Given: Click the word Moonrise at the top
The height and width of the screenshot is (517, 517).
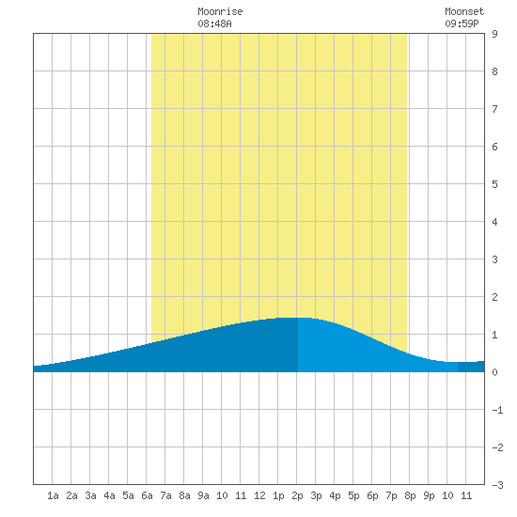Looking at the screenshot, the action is (220, 11).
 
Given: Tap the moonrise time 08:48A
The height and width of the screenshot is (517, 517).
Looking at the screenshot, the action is (214, 23).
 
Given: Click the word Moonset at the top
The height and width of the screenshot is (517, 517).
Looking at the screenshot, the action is (464, 11).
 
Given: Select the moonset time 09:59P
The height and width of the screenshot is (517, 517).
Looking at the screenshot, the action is (462, 23).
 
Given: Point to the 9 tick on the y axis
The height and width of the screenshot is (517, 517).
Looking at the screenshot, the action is (494, 34).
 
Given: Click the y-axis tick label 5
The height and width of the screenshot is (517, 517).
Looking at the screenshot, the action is (494, 184).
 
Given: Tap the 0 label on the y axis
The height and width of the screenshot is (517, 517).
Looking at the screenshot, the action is (494, 372).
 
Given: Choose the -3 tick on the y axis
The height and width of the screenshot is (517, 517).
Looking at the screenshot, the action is (497, 485).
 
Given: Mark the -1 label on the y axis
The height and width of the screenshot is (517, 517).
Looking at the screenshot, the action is (497, 410).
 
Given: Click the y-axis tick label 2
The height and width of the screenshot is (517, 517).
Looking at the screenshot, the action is (494, 297).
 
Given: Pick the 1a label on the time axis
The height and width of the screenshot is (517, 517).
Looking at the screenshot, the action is (53, 495).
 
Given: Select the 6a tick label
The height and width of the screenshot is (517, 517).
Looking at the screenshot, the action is (147, 495).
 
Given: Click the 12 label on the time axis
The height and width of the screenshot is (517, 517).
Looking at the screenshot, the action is (259, 495).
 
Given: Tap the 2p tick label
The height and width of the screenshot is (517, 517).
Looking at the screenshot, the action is (297, 495).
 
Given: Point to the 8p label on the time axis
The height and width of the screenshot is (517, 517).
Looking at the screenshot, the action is (410, 495).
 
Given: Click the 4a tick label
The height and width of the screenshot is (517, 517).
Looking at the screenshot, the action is (109, 495).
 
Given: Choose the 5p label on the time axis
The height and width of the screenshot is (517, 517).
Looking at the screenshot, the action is (353, 495).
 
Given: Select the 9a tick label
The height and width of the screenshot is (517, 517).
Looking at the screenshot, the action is (203, 495).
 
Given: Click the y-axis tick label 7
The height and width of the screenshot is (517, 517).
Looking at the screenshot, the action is (494, 109).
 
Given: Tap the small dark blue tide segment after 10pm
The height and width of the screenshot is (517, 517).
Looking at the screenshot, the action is (471, 367).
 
